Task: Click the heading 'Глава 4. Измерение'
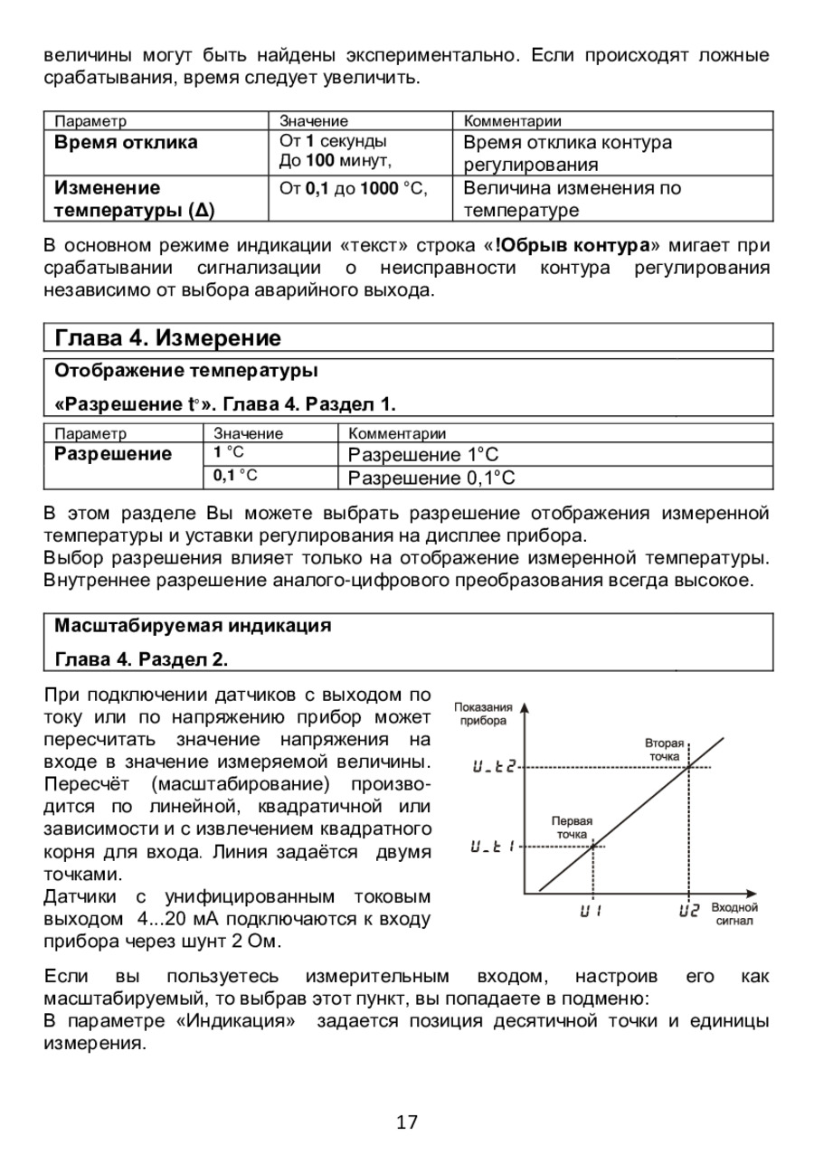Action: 168,338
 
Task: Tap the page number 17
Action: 407,1122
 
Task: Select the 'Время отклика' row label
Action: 126,142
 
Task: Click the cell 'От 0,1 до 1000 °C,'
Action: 352,188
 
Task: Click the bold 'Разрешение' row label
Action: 113,453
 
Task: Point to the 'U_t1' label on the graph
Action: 493,847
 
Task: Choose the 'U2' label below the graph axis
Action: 688,911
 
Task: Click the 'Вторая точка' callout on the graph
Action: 665,748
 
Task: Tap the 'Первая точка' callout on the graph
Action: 572,827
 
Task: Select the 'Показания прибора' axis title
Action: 484,714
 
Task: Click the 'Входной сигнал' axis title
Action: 734,914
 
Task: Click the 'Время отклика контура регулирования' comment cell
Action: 567,154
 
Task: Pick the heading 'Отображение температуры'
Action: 187,371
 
